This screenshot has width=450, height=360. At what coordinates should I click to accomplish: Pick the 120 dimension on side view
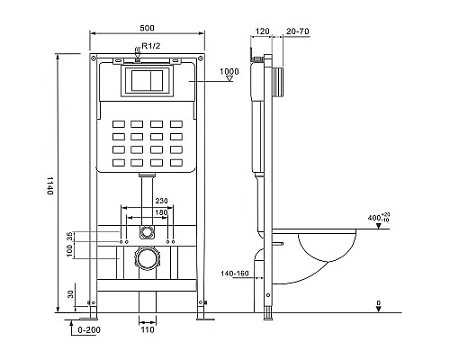point(262,30)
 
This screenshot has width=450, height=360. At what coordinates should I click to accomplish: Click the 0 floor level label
point(379,304)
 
